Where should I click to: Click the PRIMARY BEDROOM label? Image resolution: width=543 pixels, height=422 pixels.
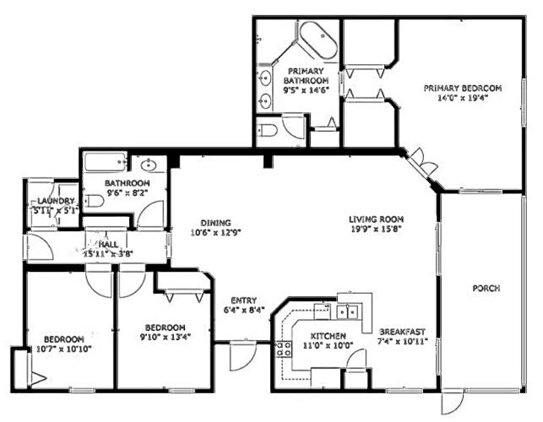tap(463, 88)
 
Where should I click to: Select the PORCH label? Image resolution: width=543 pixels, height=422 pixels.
tap(486, 289)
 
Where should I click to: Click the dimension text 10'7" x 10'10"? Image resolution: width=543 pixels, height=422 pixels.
tap(64, 349)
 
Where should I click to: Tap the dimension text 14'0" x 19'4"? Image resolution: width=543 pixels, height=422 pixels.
tap(463, 97)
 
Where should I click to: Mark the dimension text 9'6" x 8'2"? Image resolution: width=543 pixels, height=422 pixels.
tap(127, 192)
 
